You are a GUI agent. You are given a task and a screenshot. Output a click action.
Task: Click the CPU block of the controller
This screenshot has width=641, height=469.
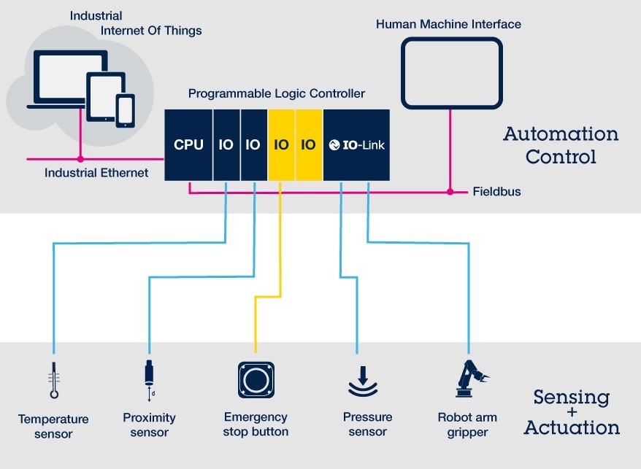[188, 145]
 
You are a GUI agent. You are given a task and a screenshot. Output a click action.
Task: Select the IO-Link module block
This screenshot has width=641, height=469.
[356, 145]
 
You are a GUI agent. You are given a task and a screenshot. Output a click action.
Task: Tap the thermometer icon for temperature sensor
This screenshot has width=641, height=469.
[54, 380]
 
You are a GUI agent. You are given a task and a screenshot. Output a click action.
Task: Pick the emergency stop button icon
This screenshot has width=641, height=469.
[256, 379]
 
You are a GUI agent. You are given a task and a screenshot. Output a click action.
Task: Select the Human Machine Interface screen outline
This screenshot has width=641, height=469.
[451, 73]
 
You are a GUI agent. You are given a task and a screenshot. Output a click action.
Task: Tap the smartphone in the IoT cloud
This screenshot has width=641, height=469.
[126, 109]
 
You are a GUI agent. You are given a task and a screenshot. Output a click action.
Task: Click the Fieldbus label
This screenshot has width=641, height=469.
[496, 192]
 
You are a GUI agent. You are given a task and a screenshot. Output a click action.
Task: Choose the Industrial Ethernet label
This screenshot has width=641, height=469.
[96, 173]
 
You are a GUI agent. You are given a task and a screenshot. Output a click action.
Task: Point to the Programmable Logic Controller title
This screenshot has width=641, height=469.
[277, 94]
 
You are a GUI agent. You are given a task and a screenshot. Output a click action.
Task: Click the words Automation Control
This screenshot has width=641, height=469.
[561, 145]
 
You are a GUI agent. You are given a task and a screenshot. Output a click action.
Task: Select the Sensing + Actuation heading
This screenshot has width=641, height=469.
[572, 412]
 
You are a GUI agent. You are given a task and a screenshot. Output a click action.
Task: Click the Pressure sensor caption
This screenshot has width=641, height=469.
[367, 424]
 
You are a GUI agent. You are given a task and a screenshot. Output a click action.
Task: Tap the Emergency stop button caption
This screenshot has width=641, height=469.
[256, 424]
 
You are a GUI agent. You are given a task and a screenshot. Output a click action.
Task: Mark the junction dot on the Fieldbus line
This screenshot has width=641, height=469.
[448, 192]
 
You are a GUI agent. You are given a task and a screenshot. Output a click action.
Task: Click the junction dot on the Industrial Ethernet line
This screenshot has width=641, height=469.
[80, 158]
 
